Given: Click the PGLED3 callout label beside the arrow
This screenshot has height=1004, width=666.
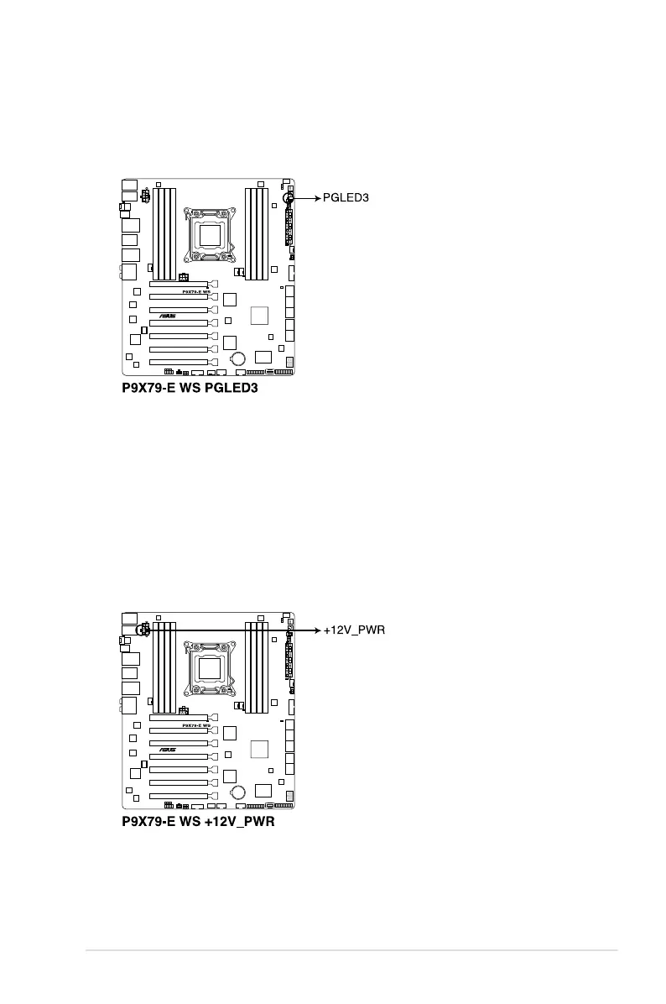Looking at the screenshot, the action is coord(346,198).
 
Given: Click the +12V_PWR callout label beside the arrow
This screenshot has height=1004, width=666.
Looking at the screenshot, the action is coord(354,630).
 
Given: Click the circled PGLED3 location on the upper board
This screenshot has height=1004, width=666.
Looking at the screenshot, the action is coord(288,199).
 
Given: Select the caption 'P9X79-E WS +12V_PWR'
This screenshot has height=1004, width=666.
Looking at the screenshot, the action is coord(198,823).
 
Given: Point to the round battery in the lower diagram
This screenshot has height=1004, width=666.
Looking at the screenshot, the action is coord(238,791).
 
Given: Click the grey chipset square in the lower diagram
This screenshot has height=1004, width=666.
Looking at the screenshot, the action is coord(259,748).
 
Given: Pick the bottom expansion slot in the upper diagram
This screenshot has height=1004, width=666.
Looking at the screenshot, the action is coord(179,362).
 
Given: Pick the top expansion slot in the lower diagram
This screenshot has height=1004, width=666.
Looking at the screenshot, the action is coord(179,718).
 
